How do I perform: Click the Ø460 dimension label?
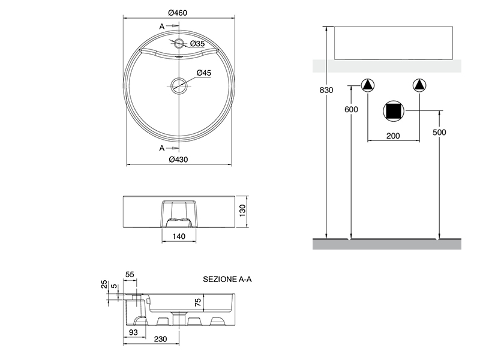pyautogui.click(x=179, y=12)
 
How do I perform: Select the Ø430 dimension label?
pyautogui.click(x=179, y=159)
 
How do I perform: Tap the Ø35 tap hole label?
pyautogui.click(x=197, y=44)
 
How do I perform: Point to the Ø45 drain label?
pyautogui.click(x=205, y=73)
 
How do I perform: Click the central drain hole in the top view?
pyautogui.click(x=179, y=85)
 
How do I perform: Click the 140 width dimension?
pyautogui.click(x=179, y=237)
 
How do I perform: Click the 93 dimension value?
pyautogui.click(x=133, y=332)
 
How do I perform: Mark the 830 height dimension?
pyautogui.click(x=326, y=91)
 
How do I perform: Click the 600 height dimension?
pyautogui.click(x=351, y=109)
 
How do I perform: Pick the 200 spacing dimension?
pyautogui.click(x=392, y=136)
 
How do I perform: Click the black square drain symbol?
pyautogui.click(x=394, y=110)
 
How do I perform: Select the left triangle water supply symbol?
pyautogui.click(x=367, y=85)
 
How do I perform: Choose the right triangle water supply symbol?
pyautogui.click(x=419, y=85)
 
